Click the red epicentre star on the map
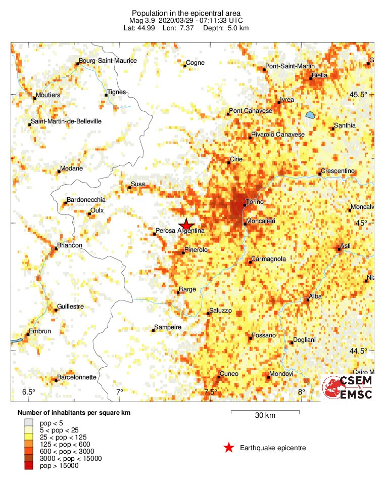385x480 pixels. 186,225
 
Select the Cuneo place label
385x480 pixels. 229,374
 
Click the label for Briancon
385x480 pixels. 70,245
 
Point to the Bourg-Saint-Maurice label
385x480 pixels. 108,61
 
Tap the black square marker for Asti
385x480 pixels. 339,248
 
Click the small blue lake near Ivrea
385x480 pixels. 309,115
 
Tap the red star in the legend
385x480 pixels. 229,448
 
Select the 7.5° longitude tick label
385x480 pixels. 211,392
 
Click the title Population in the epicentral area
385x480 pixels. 186,13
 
